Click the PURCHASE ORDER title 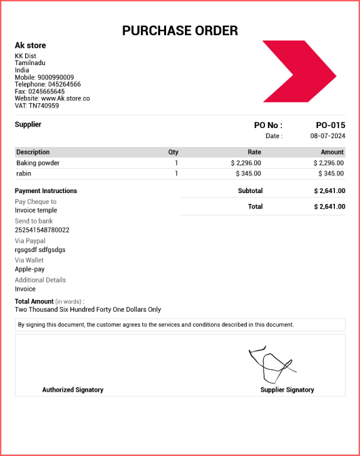[x=180, y=30]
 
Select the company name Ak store [x=31, y=45]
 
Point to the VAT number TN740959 [x=43, y=105]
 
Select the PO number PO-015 [x=330, y=125]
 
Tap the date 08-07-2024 [x=327, y=136]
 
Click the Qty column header [x=173, y=152]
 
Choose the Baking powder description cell [x=38, y=163]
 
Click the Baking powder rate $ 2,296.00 [x=245, y=163]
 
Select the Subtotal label [x=250, y=191]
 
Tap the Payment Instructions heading [x=46, y=191]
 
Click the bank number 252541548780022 [x=42, y=230]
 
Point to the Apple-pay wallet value [x=30, y=269]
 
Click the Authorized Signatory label [x=73, y=390]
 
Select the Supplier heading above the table [x=28, y=125]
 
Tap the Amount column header [x=332, y=152]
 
